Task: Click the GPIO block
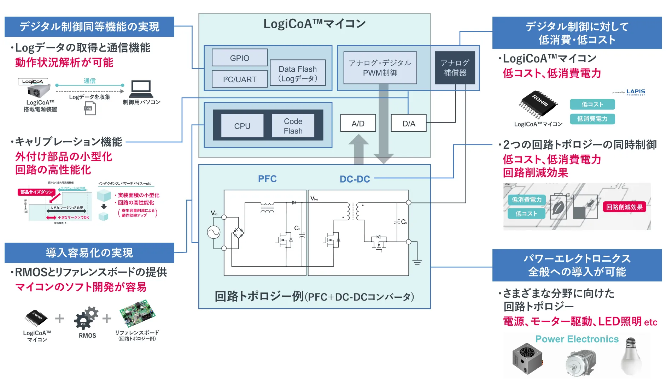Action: [x=239, y=58]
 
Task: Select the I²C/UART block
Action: [x=239, y=79]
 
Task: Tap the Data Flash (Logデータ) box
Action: [x=298, y=73]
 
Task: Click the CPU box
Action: [x=242, y=126]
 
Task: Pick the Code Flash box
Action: [x=293, y=126]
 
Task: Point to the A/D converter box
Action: [x=358, y=123]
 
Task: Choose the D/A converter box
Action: [x=409, y=123]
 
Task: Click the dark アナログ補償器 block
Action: [x=455, y=68]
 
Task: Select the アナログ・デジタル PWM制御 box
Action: [x=380, y=68]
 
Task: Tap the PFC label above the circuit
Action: [x=267, y=179]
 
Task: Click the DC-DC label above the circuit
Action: [x=355, y=179]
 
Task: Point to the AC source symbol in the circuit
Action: [x=214, y=232]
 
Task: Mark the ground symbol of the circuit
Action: [x=417, y=262]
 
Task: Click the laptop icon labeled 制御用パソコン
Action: [x=141, y=89]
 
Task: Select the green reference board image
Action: [x=138, y=313]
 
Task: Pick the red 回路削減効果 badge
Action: [x=624, y=207]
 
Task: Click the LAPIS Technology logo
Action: [x=635, y=92]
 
